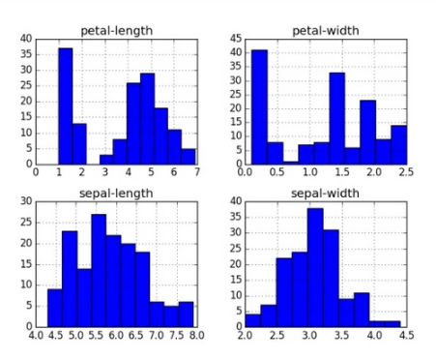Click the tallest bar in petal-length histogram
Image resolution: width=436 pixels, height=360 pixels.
[66, 105]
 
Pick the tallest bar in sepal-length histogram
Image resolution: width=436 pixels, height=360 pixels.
[99, 270]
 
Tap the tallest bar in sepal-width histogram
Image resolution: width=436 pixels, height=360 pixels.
[314, 267]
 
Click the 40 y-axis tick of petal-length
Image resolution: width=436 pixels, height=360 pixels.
[26, 39]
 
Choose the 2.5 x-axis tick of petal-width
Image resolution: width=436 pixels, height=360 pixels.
[405, 172]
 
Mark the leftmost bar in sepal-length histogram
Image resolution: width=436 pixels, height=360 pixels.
[55, 307]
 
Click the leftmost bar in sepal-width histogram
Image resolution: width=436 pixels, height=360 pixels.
[253, 320]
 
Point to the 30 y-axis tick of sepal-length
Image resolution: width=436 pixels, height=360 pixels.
[26, 201]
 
